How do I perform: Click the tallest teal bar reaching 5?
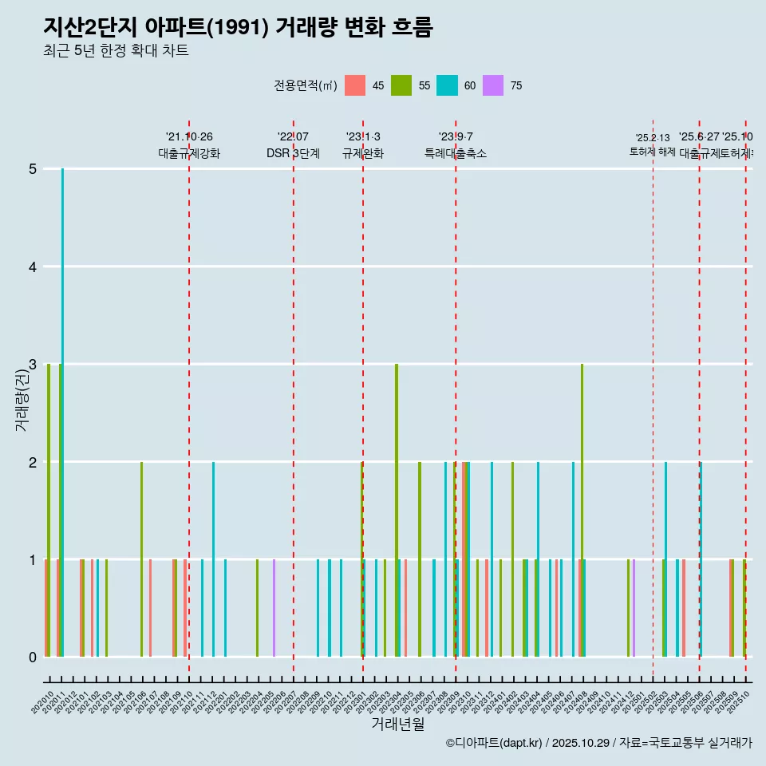[x=62, y=412]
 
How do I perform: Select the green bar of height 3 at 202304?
[x=397, y=511]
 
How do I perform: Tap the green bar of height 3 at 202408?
[x=582, y=511]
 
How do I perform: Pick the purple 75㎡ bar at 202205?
[x=274, y=608]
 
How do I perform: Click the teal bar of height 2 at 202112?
[x=213, y=559]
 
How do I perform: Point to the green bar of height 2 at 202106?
[x=141, y=559]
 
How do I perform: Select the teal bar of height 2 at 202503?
[x=665, y=559]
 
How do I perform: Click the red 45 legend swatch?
[x=355, y=85]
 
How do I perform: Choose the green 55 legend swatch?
[x=401, y=85]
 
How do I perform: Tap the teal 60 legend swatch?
[x=447, y=85]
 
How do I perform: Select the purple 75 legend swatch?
[x=493, y=85]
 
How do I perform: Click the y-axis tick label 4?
[x=33, y=267]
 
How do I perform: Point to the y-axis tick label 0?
[x=33, y=657]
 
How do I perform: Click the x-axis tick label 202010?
[x=43, y=703]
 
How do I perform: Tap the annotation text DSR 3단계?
[x=294, y=153]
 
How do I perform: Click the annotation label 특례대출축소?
[x=456, y=153]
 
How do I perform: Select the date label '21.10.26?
[x=189, y=137]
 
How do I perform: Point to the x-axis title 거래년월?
[x=397, y=724]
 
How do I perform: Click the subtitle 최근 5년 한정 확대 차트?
[x=116, y=51]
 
